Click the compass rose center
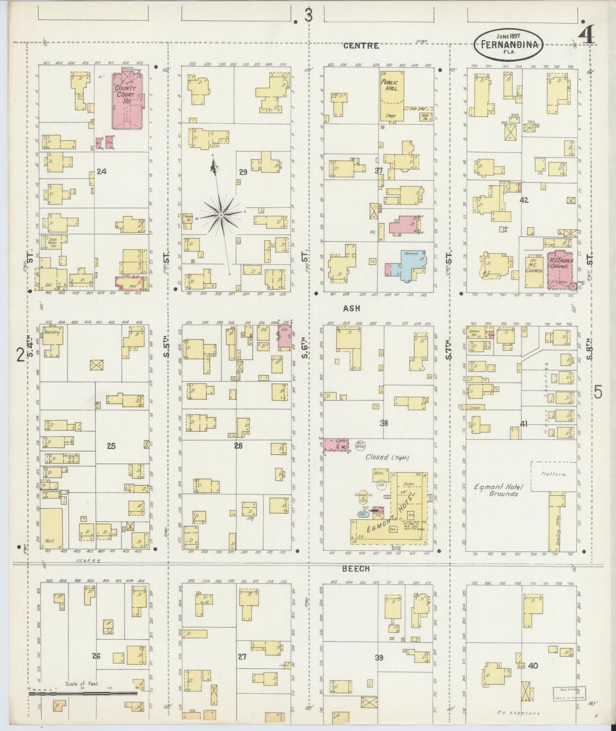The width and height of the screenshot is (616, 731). click(x=221, y=216)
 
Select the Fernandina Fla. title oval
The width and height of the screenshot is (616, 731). click(x=509, y=44)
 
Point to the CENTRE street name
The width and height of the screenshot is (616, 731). click(x=361, y=46)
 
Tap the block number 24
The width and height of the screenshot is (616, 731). click(x=101, y=171)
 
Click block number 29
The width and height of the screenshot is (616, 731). click(x=243, y=172)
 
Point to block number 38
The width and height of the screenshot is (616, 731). click(x=384, y=423)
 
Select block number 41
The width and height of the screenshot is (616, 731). click(x=524, y=424)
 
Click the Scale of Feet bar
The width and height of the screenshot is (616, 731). click(x=83, y=693)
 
